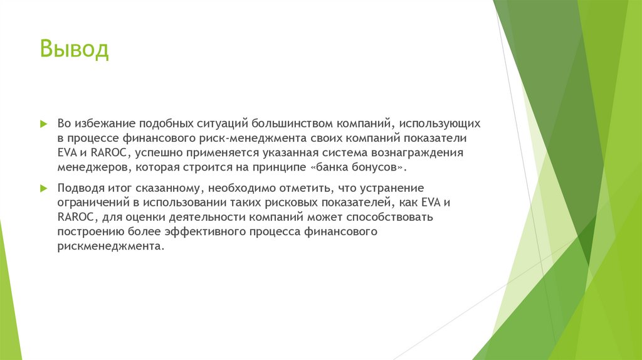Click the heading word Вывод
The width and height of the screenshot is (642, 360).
75,50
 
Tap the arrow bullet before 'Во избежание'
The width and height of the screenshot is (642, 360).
43,124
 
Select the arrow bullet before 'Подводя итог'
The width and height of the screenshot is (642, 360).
43,189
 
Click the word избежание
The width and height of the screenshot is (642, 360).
106,123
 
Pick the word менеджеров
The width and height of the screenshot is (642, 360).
88,168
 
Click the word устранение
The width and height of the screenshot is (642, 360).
393,188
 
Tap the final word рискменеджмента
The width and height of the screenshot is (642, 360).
110,247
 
